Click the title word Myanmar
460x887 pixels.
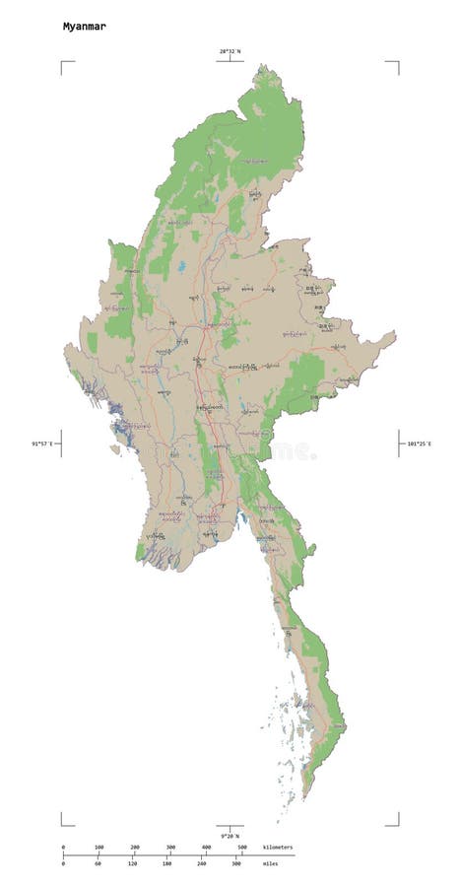85,27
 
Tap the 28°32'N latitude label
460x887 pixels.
230,50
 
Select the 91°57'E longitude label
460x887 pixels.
43,443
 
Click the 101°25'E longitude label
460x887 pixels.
420,443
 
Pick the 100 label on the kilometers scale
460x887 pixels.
99,848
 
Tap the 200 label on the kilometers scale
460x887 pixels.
135,848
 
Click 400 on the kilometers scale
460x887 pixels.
206,848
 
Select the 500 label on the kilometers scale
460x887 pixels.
242,848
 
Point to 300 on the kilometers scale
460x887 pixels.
170,848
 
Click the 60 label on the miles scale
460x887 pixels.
98,864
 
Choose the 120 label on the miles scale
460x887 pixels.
132,864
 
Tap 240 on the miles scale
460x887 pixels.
201,864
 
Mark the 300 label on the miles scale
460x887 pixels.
236,864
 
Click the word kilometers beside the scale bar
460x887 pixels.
278,848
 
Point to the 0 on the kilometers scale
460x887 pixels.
63,848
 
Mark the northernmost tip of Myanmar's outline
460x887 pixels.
261,66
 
